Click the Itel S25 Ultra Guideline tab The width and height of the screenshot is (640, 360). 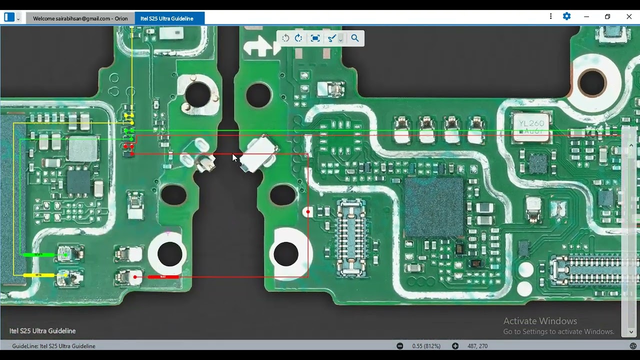(167, 18)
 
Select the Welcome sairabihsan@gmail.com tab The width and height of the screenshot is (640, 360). (80, 18)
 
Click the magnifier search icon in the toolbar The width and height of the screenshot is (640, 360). (355, 38)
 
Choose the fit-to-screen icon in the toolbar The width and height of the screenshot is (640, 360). (315, 38)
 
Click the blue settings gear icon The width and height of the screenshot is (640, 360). (566, 16)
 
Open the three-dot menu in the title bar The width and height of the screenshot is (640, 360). (550, 16)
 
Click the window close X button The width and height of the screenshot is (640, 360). (629, 16)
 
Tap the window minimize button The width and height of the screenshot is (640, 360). (586, 16)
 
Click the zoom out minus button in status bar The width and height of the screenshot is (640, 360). (400, 346)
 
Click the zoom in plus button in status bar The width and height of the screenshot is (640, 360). (455, 346)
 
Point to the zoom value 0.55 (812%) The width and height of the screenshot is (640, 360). (426, 346)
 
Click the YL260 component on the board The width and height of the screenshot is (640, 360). (531, 126)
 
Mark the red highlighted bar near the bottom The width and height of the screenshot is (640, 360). (163, 276)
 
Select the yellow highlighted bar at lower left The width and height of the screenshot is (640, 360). (39, 275)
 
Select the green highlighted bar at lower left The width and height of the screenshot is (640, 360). (39, 255)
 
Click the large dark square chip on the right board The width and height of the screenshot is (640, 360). (433, 206)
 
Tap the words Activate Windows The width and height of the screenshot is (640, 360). (540, 321)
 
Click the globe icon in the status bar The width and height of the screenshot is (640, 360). (633, 346)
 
